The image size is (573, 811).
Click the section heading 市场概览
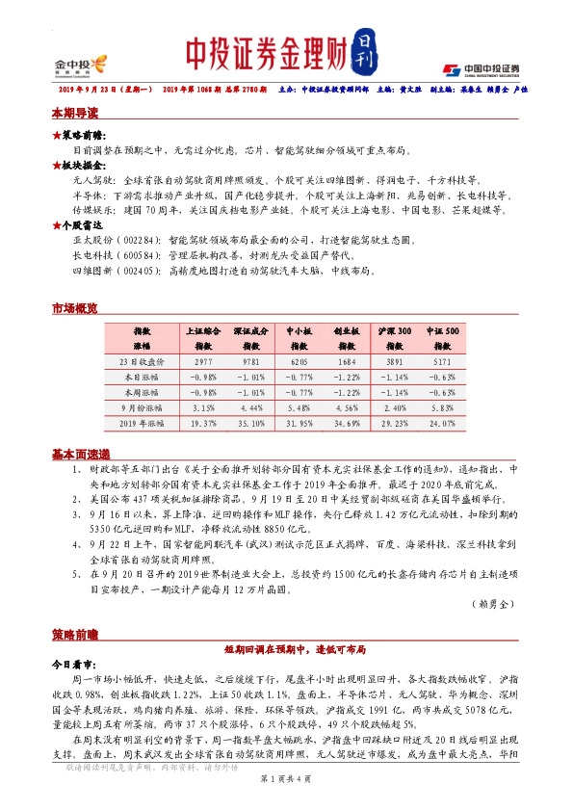coord(74,308)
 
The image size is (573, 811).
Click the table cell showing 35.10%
coord(250,423)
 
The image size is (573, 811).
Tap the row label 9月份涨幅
coord(143,407)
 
